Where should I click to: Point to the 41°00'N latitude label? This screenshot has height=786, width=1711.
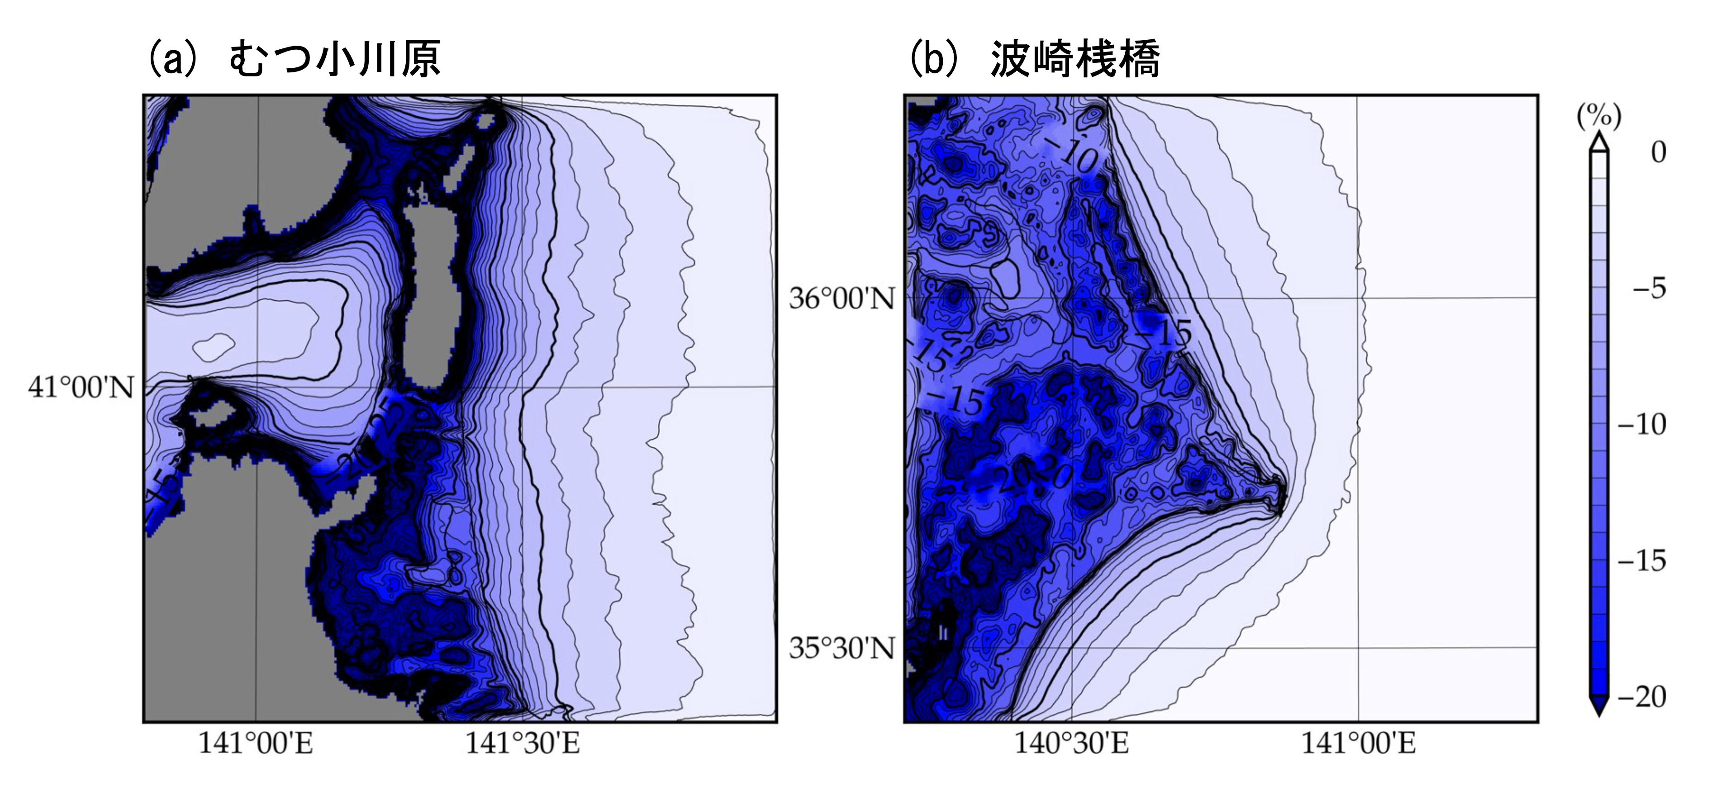point(81,387)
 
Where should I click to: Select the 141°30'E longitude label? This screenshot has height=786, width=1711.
point(522,743)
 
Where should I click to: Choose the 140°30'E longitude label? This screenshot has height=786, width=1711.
point(1071,743)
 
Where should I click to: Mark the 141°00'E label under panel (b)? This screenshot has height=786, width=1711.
point(1358,743)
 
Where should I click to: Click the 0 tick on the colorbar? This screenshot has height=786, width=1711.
point(1658,153)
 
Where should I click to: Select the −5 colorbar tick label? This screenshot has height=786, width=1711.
point(1649,289)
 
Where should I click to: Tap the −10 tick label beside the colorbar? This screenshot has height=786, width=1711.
point(1642,425)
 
